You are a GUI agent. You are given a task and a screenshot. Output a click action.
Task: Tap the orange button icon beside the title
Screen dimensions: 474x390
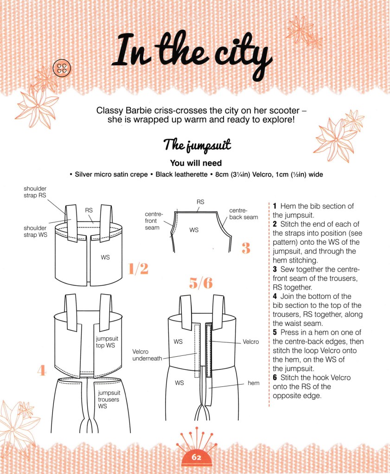[x=62, y=69]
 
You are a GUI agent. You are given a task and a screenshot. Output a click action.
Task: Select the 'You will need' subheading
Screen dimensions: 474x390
[x=195, y=163]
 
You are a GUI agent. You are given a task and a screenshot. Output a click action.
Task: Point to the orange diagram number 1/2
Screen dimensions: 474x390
[x=138, y=268]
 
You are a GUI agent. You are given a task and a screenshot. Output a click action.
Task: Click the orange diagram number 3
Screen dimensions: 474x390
[x=245, y=249]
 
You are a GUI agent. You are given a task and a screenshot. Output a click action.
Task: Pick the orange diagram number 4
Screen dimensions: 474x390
[x=42, y=371]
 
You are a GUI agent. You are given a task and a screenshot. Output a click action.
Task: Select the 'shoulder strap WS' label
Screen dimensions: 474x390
[x=36, y=231]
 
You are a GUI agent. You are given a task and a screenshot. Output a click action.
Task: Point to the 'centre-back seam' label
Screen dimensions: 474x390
[x=243, y=214]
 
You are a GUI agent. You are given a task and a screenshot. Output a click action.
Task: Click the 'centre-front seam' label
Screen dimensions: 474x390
[x=154, y=221]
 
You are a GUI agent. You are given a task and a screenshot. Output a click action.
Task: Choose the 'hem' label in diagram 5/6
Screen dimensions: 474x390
[x=253, y=383]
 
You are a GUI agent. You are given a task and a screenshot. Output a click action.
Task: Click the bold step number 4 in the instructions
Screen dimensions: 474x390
[x=275, y=296]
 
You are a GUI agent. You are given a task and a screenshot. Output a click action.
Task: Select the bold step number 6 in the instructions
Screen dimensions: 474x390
[x=275, y=378]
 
